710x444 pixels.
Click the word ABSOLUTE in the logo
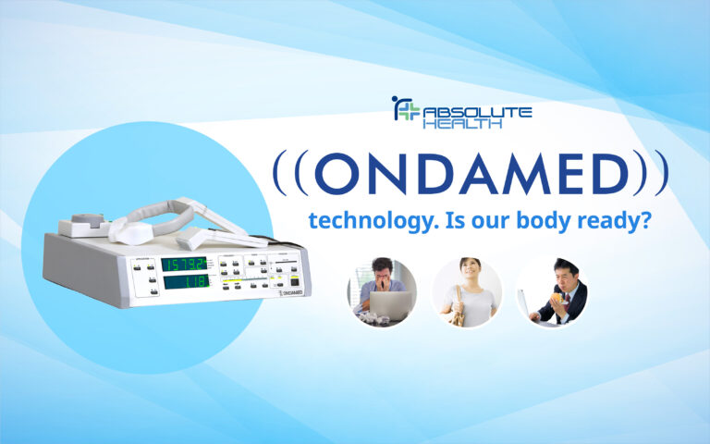tap(477, 112)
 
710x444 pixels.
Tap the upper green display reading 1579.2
tap(184, 264)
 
